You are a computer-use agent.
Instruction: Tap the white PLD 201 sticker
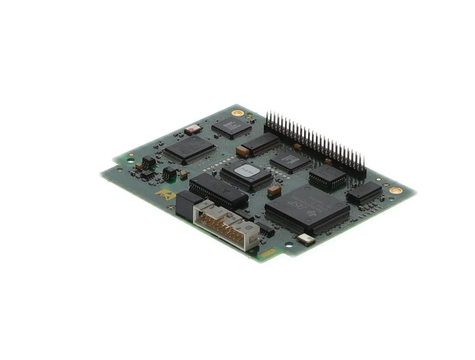pos(247,170)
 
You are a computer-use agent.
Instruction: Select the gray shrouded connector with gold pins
pos(226,225)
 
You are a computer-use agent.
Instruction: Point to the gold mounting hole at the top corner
pos(238,113)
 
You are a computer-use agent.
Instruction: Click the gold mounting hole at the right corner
pos(396,190)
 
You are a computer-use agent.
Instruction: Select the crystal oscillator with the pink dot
pos(193,129)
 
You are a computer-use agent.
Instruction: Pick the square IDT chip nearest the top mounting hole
pos(232,127)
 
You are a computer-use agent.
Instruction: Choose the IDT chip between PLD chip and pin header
pos(291,161)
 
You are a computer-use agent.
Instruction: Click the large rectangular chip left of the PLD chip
pos(190,149)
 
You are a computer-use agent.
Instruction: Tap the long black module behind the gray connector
pos(218,191)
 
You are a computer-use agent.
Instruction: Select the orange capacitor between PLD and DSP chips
pos(274,190)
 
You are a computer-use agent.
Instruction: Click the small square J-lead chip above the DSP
pos(327,175)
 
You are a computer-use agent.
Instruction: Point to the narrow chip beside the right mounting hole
pos(365,192)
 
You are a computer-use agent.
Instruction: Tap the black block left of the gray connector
pos(184,204)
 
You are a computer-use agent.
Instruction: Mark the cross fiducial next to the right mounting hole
pos(386,185)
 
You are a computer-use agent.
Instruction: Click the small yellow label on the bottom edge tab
pos(267,253)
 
